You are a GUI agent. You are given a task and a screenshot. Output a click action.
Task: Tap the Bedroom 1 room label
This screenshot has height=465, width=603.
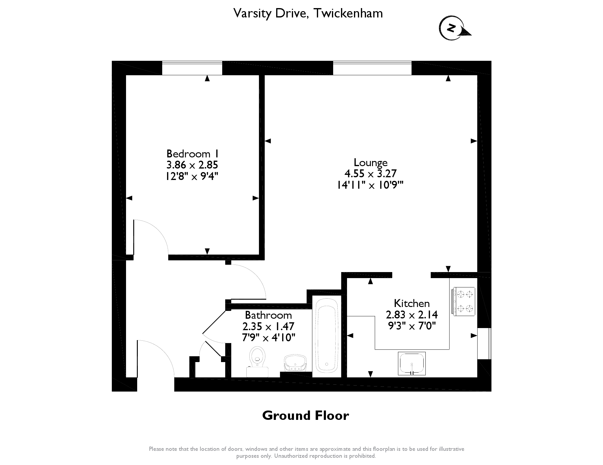pyautogui.click(x=192, y=154)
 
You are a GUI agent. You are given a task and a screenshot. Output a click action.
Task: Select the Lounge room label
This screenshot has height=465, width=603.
pyautogui.click(x=371, y=163)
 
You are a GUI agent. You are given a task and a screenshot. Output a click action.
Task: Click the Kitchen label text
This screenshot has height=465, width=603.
pyautogui.click(x=412, y=303)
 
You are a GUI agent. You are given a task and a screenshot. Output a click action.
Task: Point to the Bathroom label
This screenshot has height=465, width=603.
pyautogui.click(x=268, y=315)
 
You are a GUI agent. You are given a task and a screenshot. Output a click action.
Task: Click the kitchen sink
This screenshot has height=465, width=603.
pyautogui.click(x=412, y=364)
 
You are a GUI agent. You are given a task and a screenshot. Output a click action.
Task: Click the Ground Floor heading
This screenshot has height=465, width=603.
pyautogui.click(x=305, y=416)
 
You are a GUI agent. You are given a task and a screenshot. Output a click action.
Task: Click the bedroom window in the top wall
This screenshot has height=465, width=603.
pyautogui.click(x=192, y=68)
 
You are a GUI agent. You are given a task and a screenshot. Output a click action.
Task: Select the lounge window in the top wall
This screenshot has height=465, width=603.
pyautogui.click(x=372, y=68)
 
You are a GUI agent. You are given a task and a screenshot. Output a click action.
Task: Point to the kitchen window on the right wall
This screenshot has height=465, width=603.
pyautogui.click(x=484, y=343)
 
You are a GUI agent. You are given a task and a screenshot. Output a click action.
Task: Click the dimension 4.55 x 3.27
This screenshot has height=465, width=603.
pyautogui.click(x=371, y=174)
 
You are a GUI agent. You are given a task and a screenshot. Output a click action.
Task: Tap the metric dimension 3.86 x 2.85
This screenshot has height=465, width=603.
pyautogui.click(x=192, y=165)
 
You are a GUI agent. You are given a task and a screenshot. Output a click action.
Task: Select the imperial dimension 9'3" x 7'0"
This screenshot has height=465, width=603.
pyautogui.click(x=412, y=326)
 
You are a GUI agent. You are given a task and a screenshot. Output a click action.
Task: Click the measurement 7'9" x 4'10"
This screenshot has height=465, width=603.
pyautogui.click(x=268, y=338)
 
